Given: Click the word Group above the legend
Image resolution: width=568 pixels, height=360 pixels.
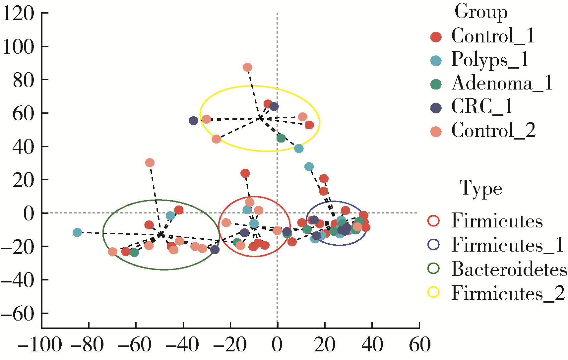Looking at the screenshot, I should [x=481, y=12].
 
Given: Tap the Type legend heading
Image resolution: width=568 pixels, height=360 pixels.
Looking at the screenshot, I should [x=481, y=189].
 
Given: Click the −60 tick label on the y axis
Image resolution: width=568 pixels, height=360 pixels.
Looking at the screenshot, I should [x=18, y=314].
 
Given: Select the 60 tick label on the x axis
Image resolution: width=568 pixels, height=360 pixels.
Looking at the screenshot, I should [x=419, y=345].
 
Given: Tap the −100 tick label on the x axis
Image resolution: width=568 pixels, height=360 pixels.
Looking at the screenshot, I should [x=40, y=345].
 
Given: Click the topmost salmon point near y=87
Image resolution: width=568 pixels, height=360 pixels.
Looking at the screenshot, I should [x=247, y=67].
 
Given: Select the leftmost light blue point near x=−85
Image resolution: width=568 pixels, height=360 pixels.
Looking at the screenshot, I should [x=77, y=232].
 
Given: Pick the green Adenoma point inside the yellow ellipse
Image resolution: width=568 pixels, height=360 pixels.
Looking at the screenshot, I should [x=281, y=138].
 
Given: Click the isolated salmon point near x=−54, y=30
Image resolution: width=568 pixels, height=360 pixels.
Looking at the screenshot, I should [x=150, y=163].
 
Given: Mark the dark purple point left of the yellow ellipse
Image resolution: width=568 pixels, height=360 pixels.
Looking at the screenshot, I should [x=193, y=121].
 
